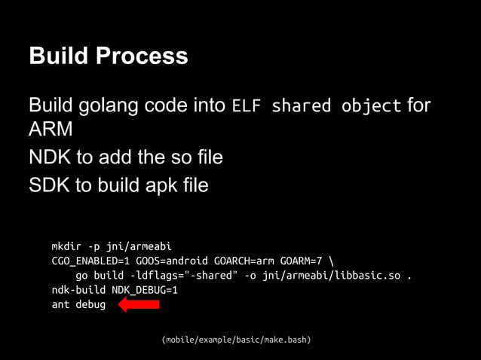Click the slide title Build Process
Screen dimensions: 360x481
108,56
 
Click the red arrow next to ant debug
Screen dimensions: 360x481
139,304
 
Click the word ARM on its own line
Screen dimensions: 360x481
51,130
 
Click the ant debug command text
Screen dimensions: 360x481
78,304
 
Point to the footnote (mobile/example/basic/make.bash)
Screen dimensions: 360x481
236,340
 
